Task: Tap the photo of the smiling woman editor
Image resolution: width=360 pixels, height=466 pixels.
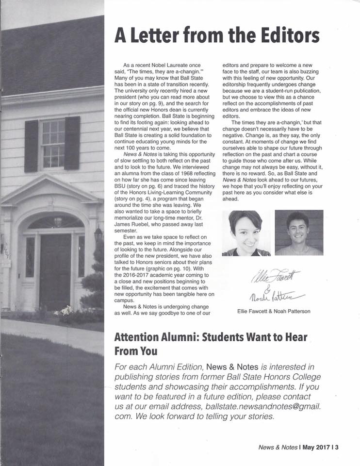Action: pyautogui.click(x=246, y=233)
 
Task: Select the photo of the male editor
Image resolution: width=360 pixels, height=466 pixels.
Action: pyautogui.click(x=298, y=233)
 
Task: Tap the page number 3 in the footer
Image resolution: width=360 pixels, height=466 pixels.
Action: pyautogui.click(x=336, y=448)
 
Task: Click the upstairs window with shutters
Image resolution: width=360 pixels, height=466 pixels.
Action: pyautogui.click(x=52, y=144)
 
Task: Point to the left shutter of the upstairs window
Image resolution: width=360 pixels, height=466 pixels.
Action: pyautogui.click(x=31, y=145)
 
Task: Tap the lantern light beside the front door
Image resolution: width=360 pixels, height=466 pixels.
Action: pyautogui.click(x=98, y=234)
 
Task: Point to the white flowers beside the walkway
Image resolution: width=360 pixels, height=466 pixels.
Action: pyautogui.click(x=65, y=310)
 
